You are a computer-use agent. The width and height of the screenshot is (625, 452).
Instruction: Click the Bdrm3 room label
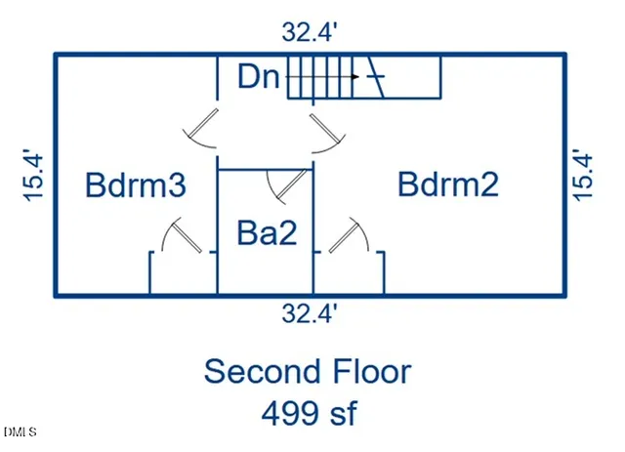[136, 185]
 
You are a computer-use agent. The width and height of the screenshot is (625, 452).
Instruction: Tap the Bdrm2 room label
[448, 185]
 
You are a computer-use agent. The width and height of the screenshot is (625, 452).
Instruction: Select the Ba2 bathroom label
[267, 232]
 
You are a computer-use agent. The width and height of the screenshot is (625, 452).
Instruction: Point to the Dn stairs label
[259, 76]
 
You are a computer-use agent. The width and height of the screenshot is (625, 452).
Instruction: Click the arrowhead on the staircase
[355, 76]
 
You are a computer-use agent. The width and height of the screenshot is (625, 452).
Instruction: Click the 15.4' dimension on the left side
[33, 176]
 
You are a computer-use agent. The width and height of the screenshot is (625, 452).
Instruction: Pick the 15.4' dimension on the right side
[583, 175]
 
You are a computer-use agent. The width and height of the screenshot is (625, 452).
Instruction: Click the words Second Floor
[308, 372]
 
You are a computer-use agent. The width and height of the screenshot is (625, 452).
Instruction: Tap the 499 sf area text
[310, 413]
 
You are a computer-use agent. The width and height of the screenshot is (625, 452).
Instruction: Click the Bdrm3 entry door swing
[200, 128]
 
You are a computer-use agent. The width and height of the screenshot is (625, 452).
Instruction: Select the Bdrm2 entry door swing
[328, 134]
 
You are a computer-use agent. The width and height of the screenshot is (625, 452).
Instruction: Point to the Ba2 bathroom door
[288, 186]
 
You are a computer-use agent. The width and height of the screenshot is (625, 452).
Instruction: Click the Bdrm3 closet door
[183, 235]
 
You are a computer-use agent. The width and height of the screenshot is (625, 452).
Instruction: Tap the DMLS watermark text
[20, 431]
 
